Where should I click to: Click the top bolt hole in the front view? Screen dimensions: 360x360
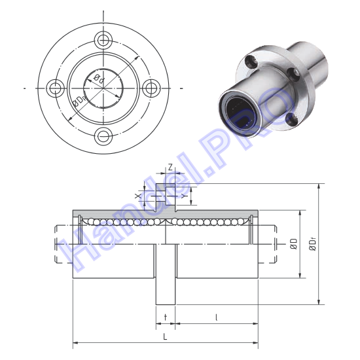coord(103,40)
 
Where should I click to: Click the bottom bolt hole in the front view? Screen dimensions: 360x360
coord(103,136)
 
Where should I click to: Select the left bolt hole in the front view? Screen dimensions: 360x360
coord(56,88)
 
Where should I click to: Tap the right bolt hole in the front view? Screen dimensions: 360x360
coord(151,88)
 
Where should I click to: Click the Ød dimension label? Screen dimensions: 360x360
coord(99,79)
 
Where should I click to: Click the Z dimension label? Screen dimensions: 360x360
coord(170,168)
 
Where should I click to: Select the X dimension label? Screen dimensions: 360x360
coord(137,196)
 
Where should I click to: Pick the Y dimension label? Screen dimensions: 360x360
coord(183,196)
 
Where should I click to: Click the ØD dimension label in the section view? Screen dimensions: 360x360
coord(294,244)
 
